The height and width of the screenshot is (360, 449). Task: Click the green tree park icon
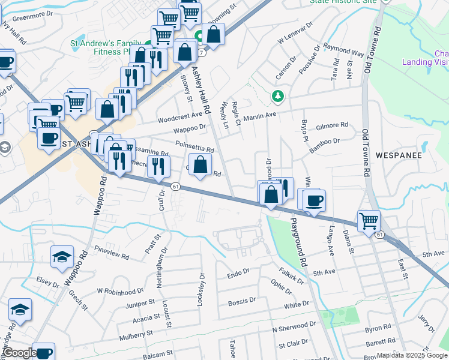(277, 95)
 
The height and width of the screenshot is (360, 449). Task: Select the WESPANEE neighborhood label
(399, 155)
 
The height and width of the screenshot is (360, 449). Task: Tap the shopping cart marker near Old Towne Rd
(369, 220)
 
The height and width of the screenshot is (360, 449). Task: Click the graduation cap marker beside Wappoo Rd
(62, 256)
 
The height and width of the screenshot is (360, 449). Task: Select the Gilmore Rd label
(332, 125)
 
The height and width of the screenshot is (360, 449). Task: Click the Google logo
(20, 353)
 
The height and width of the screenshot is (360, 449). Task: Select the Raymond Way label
(343, 49)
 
